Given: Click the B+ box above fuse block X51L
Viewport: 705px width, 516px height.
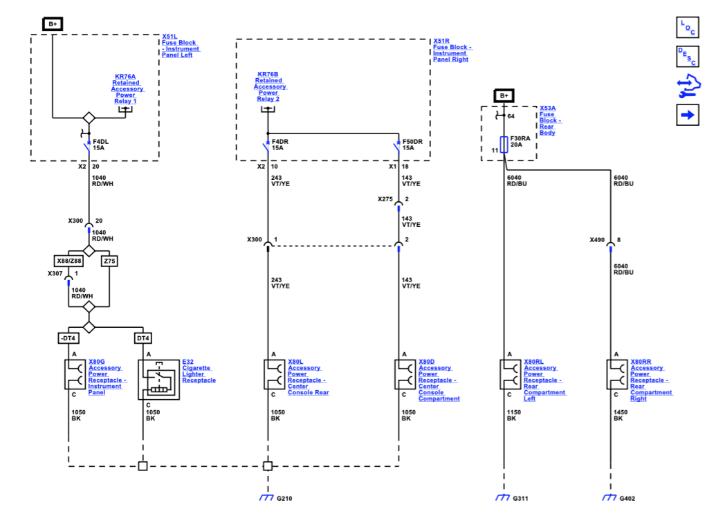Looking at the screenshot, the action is (x=53, y=24).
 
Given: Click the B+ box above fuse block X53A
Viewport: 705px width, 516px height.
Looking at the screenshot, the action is (x=504, y=95).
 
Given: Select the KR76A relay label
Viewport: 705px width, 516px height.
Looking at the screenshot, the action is (x=125, y=76).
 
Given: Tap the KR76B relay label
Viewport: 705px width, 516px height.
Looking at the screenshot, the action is (x=268, y=74).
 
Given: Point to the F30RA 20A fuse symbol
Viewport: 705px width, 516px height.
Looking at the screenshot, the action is (x=504, y=145).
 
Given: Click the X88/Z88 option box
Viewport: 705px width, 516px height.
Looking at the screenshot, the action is (x=68, y=261).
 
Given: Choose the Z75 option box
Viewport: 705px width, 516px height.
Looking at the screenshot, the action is (x=109, y=261).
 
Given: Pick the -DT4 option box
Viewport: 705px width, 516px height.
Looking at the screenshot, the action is (x=68, y=338).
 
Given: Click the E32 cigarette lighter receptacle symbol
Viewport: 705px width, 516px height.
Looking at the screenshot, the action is (x=158, y=380).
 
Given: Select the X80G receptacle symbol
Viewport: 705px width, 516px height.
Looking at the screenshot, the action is (x=75, y=374).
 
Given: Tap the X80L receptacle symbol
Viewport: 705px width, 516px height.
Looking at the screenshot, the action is (x=274, y=374).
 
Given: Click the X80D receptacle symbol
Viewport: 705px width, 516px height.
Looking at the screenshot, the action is (x=405, y=374).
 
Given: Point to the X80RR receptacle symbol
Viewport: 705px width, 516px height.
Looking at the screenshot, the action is (x=617, y=374).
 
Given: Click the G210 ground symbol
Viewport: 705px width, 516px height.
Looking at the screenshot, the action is (x=266, y=497).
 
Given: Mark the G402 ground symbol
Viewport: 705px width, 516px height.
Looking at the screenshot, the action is (x=610, y=497).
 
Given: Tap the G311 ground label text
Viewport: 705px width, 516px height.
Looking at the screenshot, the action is (x=521, y=498).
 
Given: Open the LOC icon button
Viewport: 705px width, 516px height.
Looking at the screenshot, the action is (x=688, y=28).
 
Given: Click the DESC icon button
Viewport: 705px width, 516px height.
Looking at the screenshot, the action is (x=688, y=57).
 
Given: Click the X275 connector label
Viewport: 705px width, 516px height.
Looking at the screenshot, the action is (x=385, y=199).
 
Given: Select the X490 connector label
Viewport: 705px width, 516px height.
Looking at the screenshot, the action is (x=597, y=239).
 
